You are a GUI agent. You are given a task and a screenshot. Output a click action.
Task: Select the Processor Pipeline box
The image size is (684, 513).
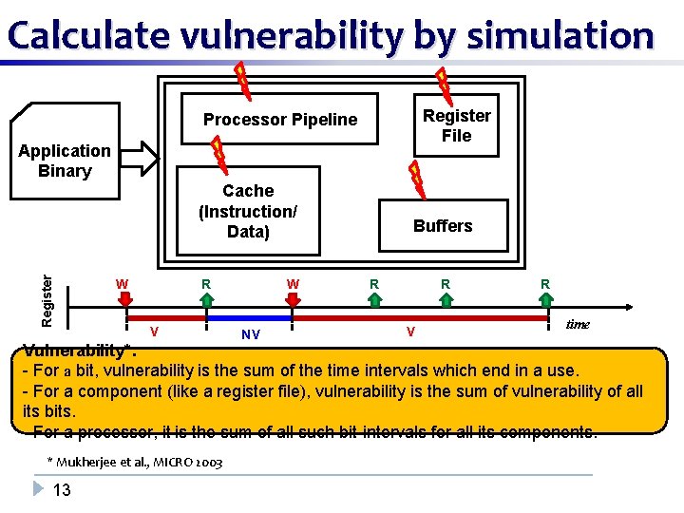coord(280,119)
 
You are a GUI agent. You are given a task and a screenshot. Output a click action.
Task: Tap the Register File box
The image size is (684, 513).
coord(456,125)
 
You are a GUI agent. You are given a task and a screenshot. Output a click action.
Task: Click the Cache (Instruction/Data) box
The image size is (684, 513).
coord(247,211)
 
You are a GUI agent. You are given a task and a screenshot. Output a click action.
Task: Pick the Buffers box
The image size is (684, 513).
coord(443,225)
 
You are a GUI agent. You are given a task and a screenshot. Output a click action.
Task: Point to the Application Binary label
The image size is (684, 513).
coord(65,161)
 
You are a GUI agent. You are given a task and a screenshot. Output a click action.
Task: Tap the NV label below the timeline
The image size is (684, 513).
coord(251,334)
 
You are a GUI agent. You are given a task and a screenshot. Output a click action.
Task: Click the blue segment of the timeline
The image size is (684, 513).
coord(249,317)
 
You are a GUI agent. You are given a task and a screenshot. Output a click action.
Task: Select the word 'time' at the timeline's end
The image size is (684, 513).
coord(578,325)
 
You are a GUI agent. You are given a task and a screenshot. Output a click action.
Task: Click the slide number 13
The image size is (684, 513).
coord(63,490)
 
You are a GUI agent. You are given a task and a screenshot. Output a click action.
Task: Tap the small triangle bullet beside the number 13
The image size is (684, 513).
coord(38,489)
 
